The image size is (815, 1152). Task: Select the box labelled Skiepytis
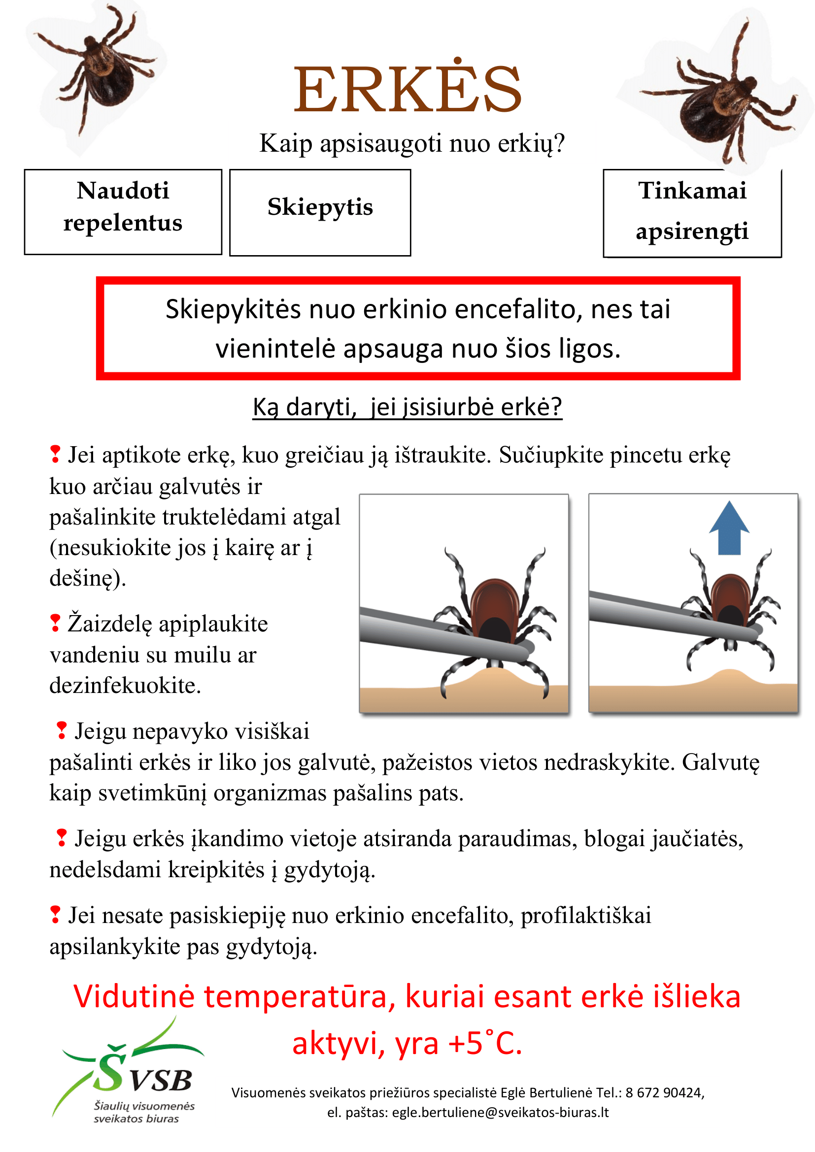(320, 212)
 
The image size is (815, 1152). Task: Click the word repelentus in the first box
(123, 223)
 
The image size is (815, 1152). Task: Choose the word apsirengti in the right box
(692, 232)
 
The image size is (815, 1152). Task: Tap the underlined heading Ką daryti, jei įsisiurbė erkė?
(407, 407)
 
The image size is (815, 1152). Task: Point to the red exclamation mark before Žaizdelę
(55, 623)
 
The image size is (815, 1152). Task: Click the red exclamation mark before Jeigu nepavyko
(61, 730)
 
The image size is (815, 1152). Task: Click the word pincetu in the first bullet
(646, 456)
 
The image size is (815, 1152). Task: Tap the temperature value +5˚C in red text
(484, 1044)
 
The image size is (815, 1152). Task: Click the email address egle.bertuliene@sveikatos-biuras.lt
(500, 1113)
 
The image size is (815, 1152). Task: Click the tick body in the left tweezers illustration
(494, 610)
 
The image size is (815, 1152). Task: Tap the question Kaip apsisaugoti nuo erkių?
(412, 143)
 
